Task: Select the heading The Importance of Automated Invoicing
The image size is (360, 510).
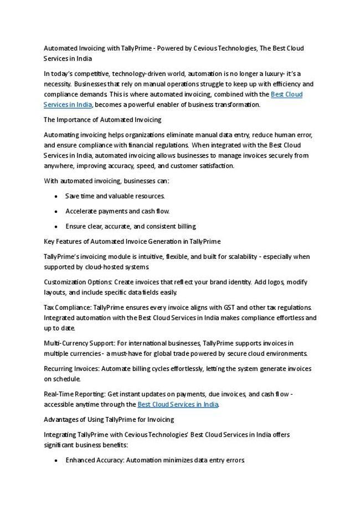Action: (102, 119)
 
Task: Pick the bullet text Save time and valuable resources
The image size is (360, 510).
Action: (115, 196)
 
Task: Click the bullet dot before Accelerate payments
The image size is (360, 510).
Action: (57, 211)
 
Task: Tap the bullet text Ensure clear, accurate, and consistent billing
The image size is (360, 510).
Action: (131, 226)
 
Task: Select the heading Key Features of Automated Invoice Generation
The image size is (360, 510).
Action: (132, 241)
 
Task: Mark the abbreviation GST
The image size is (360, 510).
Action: (230, 308)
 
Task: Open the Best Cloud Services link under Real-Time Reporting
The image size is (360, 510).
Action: (178, 405)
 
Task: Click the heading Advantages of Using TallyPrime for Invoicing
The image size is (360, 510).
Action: (109, 420)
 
